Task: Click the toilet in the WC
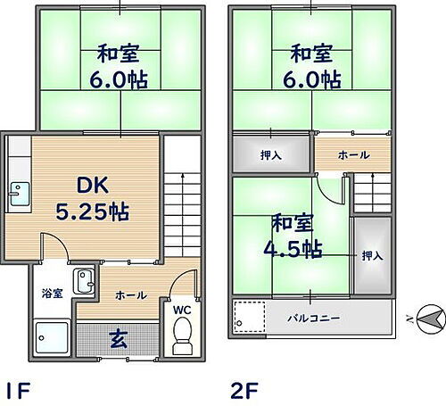coord(182,336)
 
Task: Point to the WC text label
coord(182,310)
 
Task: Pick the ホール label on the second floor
coord(352,154)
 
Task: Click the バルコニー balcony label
coord(311,317)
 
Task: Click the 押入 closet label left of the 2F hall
coord(271,154)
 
